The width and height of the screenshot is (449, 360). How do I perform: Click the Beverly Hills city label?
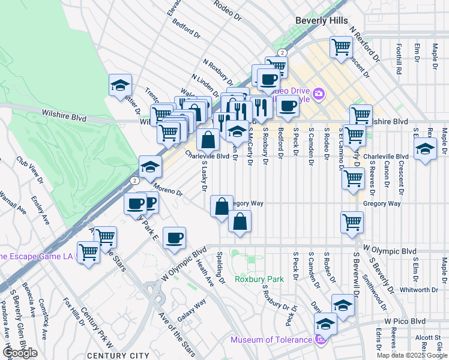(321, 20)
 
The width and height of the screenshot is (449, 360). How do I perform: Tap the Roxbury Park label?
(259, 279)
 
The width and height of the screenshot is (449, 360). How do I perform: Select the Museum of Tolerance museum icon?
(320, 340)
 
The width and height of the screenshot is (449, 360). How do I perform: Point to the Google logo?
(20, 353)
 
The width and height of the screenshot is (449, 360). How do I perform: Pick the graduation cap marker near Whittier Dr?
(120, 85)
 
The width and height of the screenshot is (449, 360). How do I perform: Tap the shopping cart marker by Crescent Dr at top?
(341, 47)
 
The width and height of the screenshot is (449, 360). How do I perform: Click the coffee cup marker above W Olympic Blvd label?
(174, 238)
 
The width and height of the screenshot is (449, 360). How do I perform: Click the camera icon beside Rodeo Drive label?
(318, 93)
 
